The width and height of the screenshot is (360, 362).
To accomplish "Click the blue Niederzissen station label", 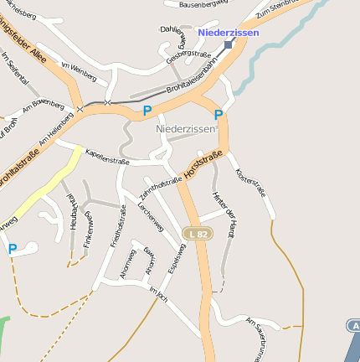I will [229, 33].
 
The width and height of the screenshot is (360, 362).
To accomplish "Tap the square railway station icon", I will [229, 44].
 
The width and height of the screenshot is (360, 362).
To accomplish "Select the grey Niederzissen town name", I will [186, 130].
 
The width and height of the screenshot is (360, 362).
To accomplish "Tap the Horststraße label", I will [203, 168].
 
